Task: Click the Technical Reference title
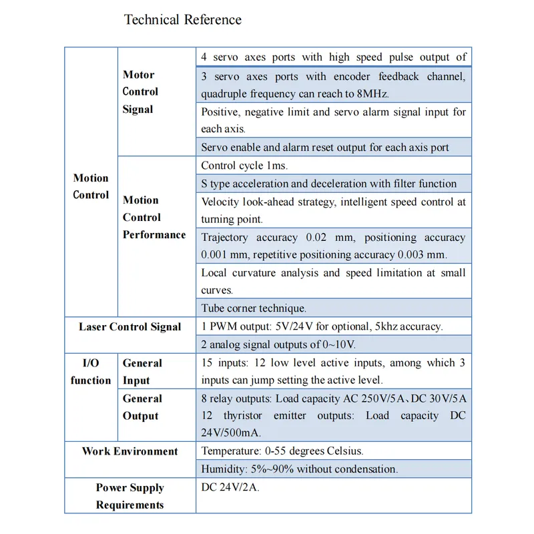[x=182, y=19]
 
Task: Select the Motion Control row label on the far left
[x=91, y=186]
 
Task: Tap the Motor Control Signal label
[x=140, y=92]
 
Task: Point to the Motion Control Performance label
[x=154, y=217]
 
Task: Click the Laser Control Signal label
[x=129, y=327]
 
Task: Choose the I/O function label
[x=91, y=372]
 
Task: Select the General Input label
[x=142, y=372]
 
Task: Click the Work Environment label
[x=129, y=451]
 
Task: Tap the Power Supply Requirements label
[x=129, y=496]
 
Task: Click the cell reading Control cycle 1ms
[x=244, y=166]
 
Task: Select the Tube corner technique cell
[x=254, y=308]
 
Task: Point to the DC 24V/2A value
[x=230, y=487]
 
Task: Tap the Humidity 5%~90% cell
[x=299, y=469]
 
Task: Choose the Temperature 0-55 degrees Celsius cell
[x=282, y=451]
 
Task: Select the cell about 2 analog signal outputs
[x=278, y=344]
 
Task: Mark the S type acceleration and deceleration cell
[x=329, y=184]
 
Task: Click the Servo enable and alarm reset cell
[x=325, y=148]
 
